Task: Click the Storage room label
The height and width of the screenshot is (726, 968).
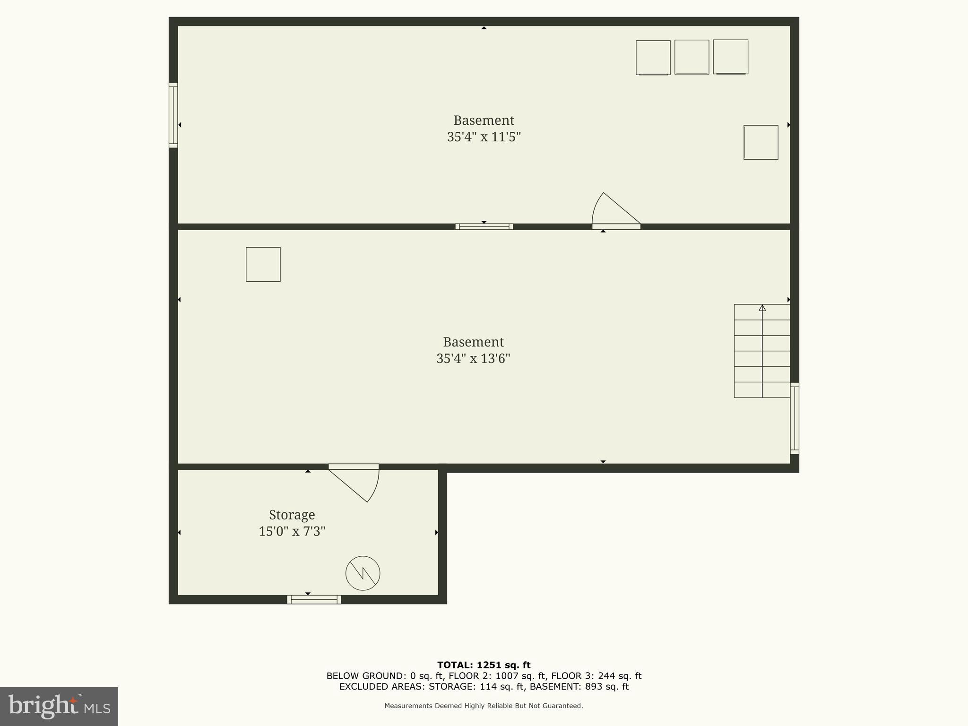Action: tap(292, 515)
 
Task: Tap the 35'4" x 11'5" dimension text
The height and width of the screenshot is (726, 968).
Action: tap(484, 137)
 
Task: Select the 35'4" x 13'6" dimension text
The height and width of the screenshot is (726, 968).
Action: tap(473, 359)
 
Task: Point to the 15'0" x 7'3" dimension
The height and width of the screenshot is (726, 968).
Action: tap(292, 532)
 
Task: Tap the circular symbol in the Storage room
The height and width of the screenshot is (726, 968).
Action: tap(363, 573)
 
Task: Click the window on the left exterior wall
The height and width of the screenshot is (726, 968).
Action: tap(173, 115)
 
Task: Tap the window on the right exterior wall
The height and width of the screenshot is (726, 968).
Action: tap(795, 418)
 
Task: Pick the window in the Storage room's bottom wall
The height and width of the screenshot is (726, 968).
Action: tap(314, 599)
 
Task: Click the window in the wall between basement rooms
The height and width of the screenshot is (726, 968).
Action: tap(484, 227)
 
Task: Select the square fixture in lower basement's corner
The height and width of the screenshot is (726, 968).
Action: tap(263, 264)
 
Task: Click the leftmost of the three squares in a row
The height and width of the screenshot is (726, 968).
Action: tap(653, 57)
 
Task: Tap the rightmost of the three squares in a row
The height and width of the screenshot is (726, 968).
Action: tap(730, 57)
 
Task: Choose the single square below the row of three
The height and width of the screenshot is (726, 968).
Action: tap(761, 142)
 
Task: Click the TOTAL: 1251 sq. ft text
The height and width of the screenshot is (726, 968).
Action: tap(484, 665)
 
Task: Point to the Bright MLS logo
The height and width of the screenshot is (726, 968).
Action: tap(59, 706)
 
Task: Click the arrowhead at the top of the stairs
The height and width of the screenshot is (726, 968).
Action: tap(762, 308)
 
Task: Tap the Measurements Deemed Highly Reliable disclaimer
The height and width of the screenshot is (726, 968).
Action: tap(484, 706)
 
